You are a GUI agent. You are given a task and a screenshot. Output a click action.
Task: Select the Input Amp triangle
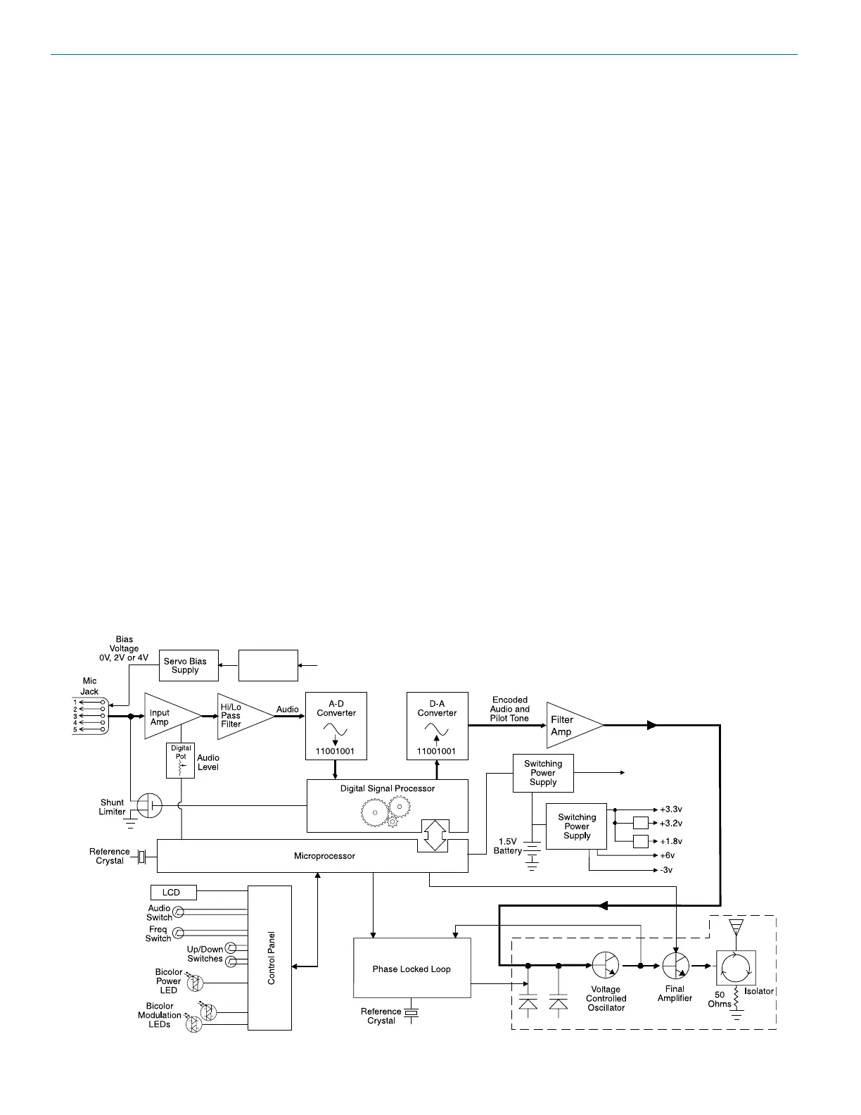tap(165, 717)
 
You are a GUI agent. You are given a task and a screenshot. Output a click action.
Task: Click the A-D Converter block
tap(336, 725)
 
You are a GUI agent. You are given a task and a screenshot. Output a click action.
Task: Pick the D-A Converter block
tap(437, 725)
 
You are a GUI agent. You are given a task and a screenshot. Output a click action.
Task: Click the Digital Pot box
tap(181, 760)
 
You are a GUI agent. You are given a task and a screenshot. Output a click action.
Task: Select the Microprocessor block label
tap(324, 856)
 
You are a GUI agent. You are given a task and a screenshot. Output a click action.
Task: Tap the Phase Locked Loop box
tap(412, 968)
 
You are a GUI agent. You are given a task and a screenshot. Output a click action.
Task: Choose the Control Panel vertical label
tap(271, 958)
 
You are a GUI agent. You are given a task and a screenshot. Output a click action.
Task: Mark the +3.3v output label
tap(671, 809)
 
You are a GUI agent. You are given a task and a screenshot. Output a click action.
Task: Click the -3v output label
tap(666, 870)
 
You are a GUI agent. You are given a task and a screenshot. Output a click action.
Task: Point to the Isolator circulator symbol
tap(736, 967)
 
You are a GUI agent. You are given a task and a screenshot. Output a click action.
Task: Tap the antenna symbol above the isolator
tap(736, 926)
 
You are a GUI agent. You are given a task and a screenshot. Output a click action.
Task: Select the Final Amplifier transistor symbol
tap(675, 965)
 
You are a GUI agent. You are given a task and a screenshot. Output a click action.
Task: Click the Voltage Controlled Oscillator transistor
tap(605, 965)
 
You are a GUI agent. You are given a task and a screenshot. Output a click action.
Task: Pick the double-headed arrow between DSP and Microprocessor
tap(433, 835)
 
